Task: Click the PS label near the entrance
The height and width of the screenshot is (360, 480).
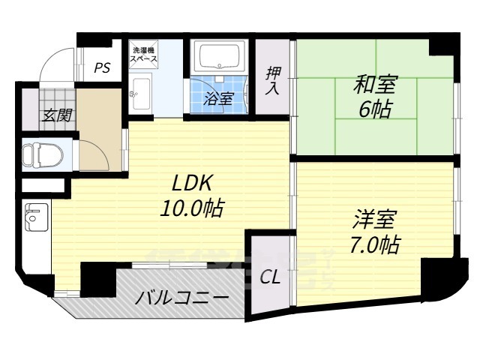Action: [103, 68]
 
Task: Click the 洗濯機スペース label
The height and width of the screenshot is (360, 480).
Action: [143, 53]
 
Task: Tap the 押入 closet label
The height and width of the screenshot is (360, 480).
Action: [272, 80]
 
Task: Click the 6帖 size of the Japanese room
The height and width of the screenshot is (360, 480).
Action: [375, 109]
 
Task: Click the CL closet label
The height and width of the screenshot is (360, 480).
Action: [270, 277]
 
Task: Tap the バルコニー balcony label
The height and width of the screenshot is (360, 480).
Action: [181, 298]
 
